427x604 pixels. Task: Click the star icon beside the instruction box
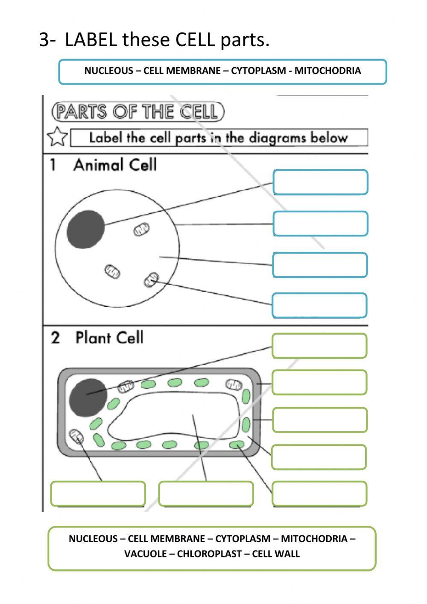point(57,137)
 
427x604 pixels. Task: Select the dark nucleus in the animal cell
point(85,230)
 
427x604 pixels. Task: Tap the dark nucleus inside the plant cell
point(88,398)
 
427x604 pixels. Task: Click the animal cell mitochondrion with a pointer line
point(151,280)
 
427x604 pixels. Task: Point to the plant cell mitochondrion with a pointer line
point(77,436)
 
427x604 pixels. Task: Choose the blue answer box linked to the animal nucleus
point(320,182)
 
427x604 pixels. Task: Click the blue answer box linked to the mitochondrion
point(319,305)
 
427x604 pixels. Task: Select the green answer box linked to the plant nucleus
point(319,346)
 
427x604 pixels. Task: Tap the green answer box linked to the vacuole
point(206,494)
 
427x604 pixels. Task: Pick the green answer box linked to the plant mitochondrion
point(98,494)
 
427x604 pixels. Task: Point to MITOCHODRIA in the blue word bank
point(328,71)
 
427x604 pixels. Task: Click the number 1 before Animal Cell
point(53,165)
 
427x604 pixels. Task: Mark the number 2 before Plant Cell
point(55,338)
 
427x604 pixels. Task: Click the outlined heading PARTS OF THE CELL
point(137,112)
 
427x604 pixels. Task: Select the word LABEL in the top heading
point(91,40)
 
